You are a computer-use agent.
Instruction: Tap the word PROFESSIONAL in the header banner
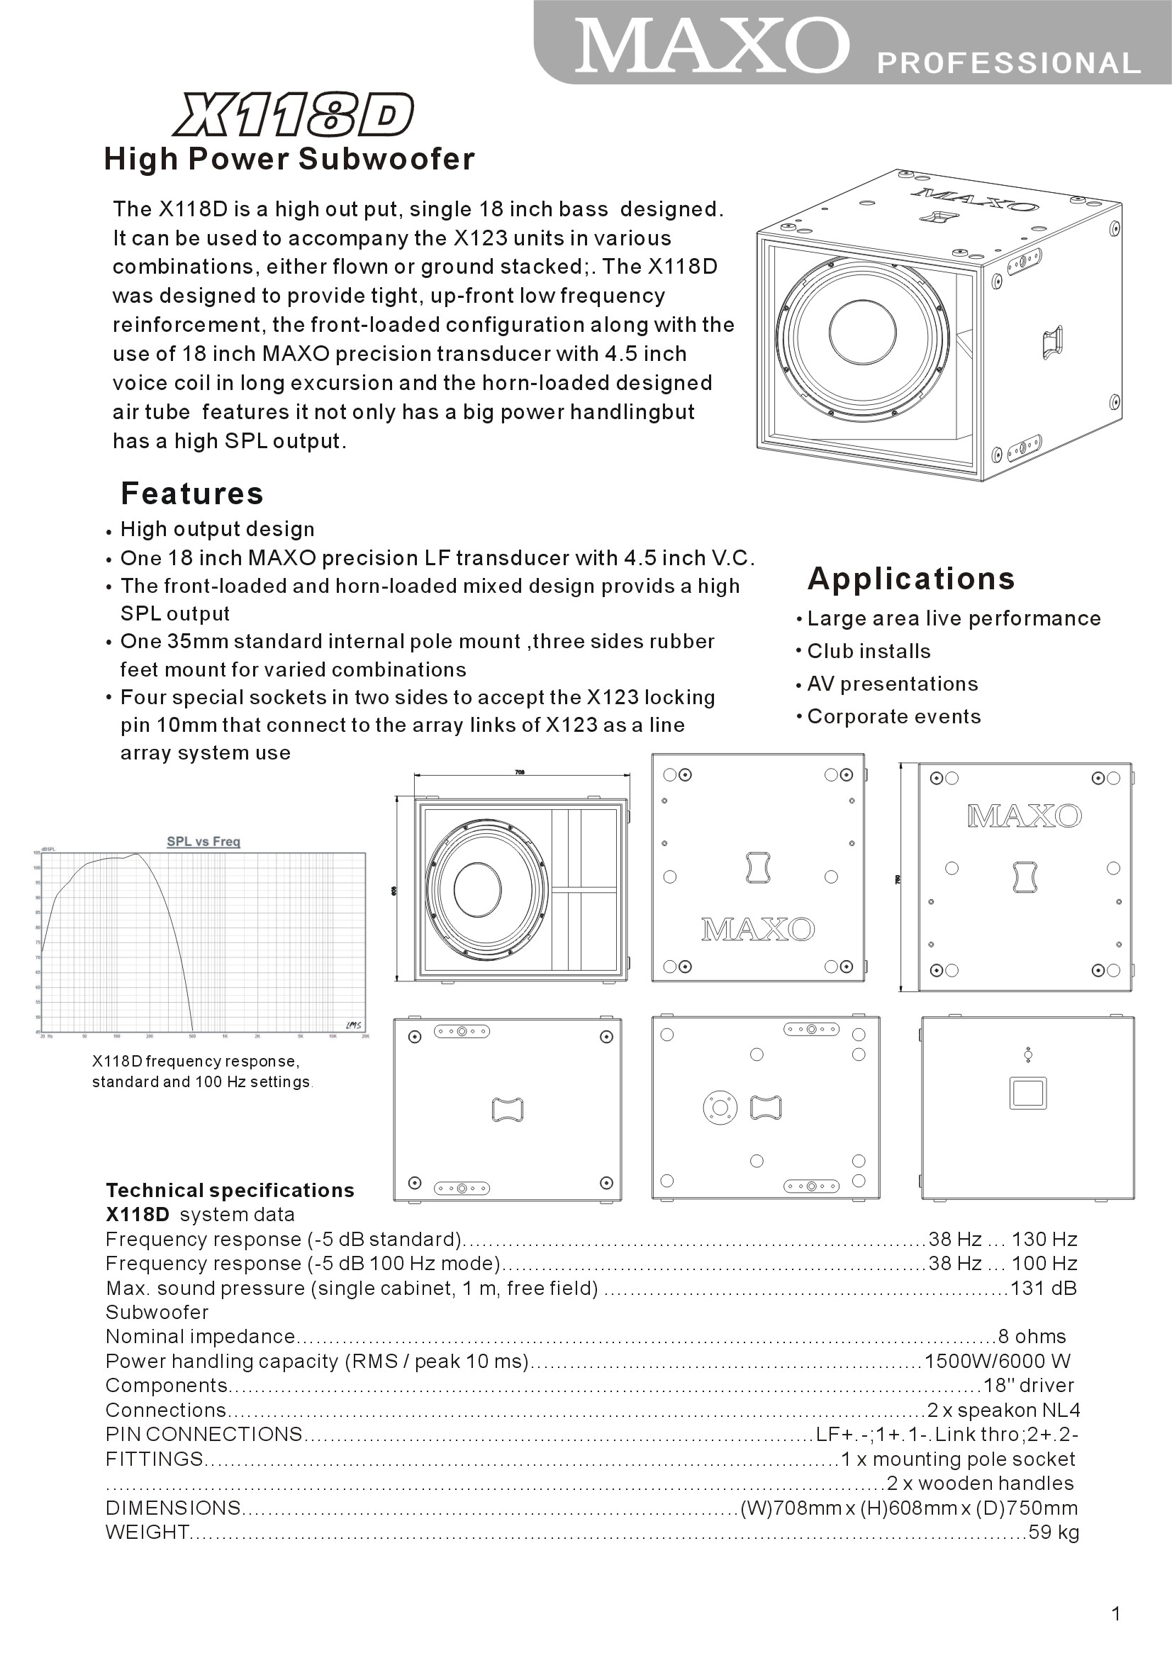click(x=1008, y=64)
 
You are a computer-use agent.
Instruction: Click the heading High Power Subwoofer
click(x=289, y=159)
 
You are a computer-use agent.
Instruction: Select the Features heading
click(x=192, y=493)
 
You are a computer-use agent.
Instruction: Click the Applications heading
click(x=910, y=579)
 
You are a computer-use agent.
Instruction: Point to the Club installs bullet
click(x=868, y=651)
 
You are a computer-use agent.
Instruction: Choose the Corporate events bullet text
click(x=893, y=716)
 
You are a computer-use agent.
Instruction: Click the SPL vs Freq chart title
click(x=203, y=841)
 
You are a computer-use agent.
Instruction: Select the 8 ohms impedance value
click(x=1031, y=1337)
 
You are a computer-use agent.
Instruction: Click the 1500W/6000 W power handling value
click(x=997, y=1361)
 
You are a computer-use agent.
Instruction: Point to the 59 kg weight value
click(x=1053, y=1532)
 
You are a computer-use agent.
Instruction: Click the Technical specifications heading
click(x=230, y=1191)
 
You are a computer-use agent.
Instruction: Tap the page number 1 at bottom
click(x=1117, y=1614)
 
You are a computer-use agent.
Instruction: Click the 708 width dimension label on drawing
click(x=519, y=772)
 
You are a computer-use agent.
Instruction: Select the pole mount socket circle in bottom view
click(x=719, y=1107)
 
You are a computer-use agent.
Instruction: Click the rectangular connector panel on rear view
click(x=1027, y=1094)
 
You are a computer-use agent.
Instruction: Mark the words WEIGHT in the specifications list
click(x=147, y=1532)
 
